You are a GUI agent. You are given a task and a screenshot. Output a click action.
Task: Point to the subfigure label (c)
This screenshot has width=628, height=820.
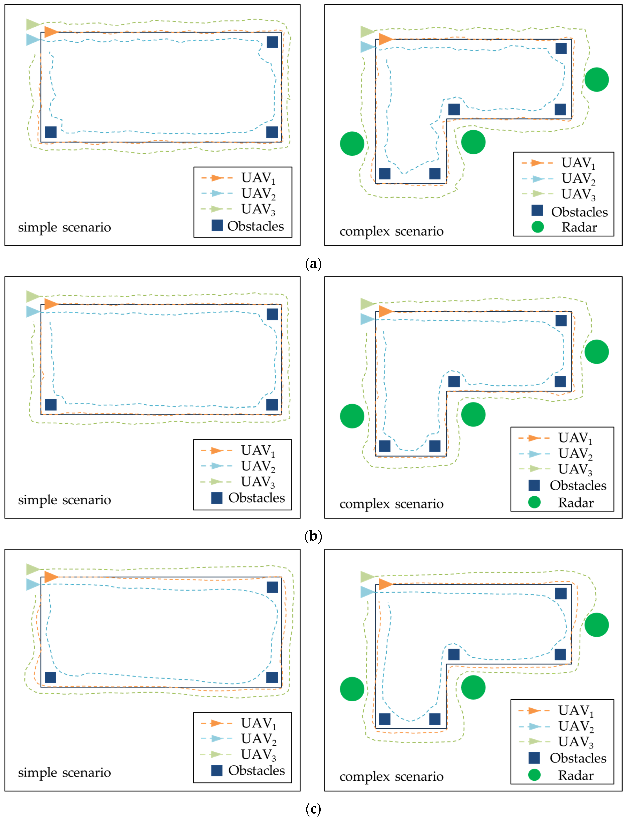(313, 809)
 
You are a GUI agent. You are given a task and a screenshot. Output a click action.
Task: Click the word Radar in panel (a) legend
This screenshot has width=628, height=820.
(579, 227)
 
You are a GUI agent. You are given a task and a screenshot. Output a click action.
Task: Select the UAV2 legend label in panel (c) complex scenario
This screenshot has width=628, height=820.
(576, 726)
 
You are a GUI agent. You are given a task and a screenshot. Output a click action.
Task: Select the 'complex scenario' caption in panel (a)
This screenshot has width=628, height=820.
(391, 231)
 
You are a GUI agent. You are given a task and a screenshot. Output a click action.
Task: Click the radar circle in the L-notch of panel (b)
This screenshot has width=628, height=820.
(473, 415)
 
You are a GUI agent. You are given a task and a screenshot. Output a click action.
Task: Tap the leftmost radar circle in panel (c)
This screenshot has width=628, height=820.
(352, 689)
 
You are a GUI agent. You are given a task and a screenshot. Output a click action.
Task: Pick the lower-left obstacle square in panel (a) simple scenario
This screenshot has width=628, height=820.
(51, 132)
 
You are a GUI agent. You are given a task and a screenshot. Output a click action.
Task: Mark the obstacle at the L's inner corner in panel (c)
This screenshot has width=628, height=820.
(454, 655)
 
